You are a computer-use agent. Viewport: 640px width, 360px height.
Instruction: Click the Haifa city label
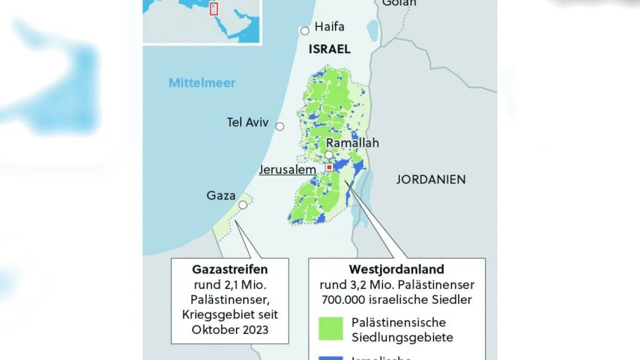[329, 27]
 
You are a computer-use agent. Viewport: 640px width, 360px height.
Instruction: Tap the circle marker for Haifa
[304, 31]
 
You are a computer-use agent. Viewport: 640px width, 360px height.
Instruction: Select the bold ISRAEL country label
[329, 49]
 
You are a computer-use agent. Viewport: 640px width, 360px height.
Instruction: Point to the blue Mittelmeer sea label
[201, 83]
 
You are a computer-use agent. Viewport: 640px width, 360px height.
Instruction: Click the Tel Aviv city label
[247, 122]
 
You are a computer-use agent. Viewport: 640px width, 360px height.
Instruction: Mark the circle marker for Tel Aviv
[280, 126]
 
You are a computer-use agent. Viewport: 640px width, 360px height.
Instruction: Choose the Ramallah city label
[352, 143]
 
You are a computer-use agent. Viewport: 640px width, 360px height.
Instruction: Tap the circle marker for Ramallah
[329, 155]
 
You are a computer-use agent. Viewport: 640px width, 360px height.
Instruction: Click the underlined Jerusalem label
[287, 169]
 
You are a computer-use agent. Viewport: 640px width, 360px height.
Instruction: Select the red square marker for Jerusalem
[329, 167]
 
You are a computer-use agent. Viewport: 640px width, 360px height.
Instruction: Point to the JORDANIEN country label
[430, 179]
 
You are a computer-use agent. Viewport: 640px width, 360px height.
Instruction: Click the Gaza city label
[221, 195]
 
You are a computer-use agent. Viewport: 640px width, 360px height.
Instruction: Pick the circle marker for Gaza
[243, 204]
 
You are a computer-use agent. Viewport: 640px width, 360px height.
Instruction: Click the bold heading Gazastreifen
[230, 269]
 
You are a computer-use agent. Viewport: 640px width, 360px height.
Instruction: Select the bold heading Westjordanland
[396, 269]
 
